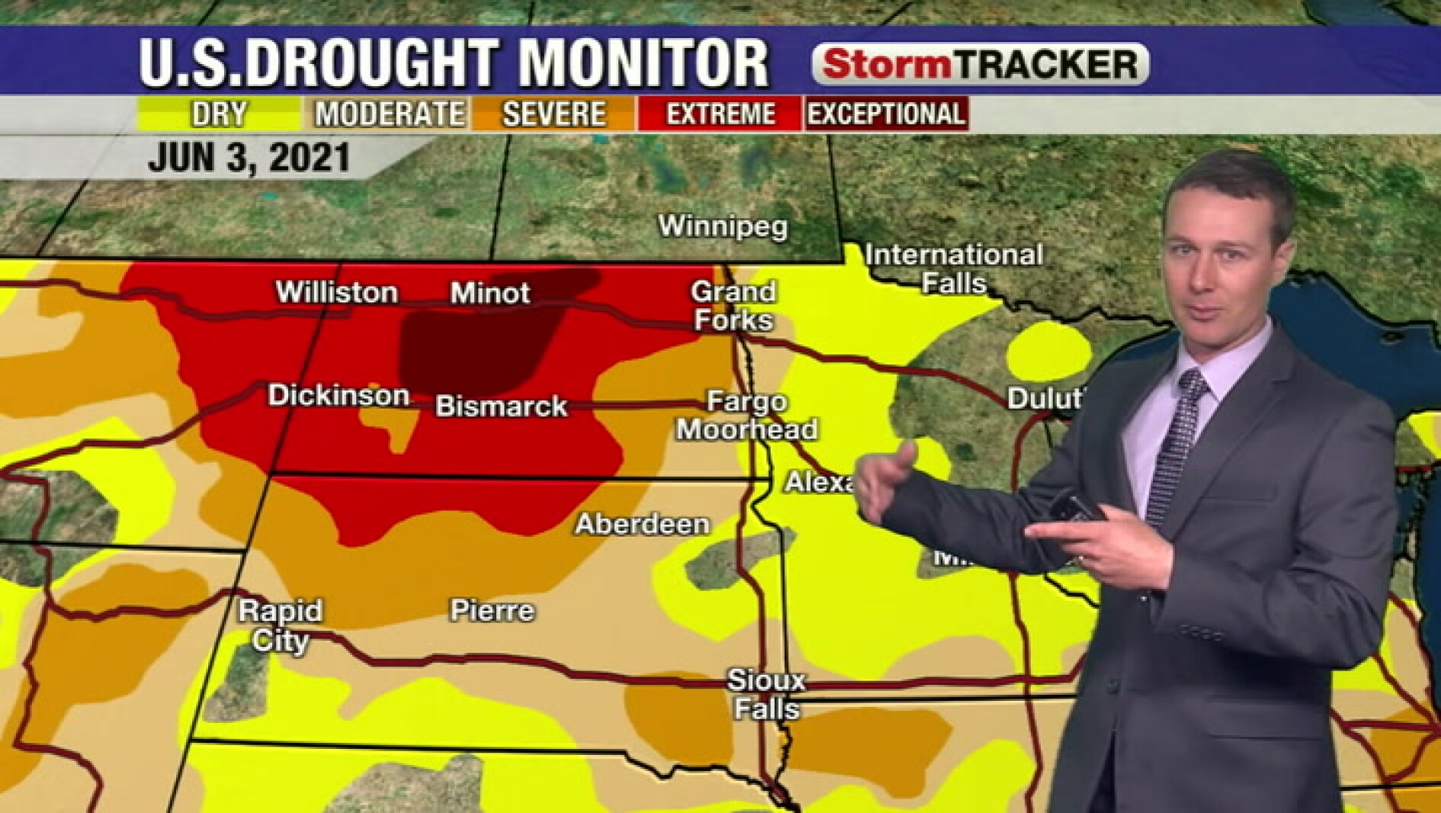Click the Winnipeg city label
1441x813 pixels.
click(x=722, y=227)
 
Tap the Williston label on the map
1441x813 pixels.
click(x=336, y=293)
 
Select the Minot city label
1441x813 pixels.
click(x=489, y=293)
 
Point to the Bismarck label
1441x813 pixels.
click(x=501, y=406)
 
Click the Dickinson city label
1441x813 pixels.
click(x=339, y=395)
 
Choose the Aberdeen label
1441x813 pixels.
click(x=642, y=524)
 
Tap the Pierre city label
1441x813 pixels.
click(x=492, y=610)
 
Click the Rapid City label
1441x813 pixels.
click(x=280, y=625)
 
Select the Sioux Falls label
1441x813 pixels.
click(x=766, y=694)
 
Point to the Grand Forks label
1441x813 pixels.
click(x=733, y=305)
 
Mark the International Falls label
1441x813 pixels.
click(x=954, y=268)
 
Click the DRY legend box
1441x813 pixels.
click(x=220, y=114)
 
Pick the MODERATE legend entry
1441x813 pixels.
click(x=389, y=114)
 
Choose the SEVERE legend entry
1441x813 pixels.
click(x=554, y=114)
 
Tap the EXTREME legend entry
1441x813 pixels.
click(x=720, y=114)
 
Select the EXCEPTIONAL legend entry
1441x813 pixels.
click(x=886, y=114)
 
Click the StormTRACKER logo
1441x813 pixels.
click(x=980, y=64)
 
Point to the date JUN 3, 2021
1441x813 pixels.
click(x=249, y=158)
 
